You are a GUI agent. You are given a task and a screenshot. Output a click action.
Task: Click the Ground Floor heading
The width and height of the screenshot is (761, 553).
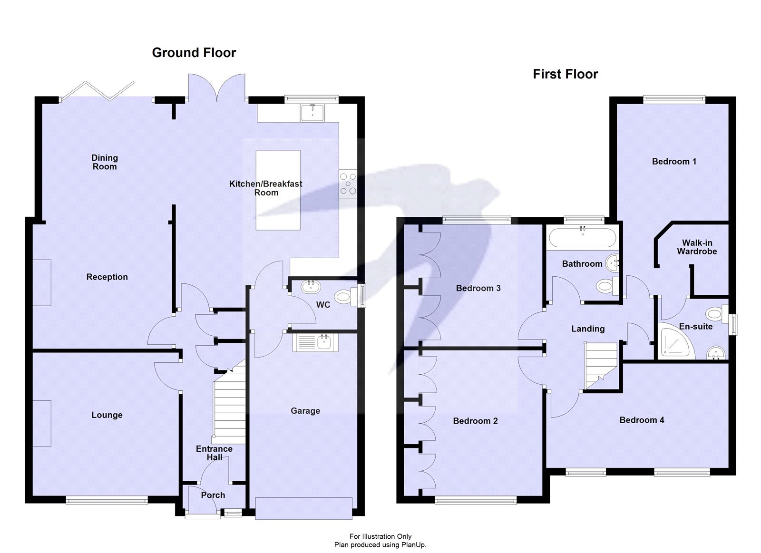point(194,53)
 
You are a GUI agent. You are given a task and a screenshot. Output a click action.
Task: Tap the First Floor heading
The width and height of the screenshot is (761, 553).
point(565,74)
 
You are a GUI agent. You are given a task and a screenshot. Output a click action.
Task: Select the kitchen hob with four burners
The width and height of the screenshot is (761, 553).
point(348,183)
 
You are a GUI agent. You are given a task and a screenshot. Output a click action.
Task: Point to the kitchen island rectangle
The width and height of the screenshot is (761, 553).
point(278,190)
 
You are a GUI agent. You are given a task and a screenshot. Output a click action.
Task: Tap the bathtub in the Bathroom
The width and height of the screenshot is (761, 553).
point(582,237)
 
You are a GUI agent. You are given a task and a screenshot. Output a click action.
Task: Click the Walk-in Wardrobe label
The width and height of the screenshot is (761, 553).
point(697,247)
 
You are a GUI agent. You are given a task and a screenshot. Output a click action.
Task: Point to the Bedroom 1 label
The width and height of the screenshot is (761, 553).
point(673,162)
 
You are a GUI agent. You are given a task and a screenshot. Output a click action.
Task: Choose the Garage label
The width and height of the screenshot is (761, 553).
point(305,411)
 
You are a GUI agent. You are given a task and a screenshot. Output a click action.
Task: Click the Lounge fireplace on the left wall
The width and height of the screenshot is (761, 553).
point(42,423)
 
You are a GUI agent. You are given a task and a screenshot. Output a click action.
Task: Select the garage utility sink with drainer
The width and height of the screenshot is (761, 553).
point(316,342)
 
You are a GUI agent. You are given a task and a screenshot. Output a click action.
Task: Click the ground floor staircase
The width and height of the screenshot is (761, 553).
point(229,404)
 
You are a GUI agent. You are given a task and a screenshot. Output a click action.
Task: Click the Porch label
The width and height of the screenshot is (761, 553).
point(213,495)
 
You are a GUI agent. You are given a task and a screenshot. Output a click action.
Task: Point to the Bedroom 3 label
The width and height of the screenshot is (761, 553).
point(478,288)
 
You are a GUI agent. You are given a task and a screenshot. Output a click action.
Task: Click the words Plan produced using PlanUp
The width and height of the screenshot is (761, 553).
point(380,545)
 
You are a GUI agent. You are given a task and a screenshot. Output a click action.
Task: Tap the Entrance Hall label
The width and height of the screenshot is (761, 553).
point(214,453)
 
